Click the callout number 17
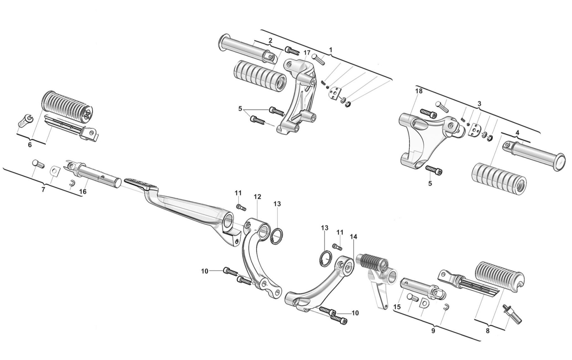[307, 53]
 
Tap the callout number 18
[419, 91]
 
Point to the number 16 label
[83, 192]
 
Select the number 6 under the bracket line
[30, 145]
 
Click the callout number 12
[257, 197]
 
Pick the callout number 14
[354, 236]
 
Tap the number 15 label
[397, 307]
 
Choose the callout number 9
[433, 331]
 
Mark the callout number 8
[488, 331]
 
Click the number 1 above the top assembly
[331, 50]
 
